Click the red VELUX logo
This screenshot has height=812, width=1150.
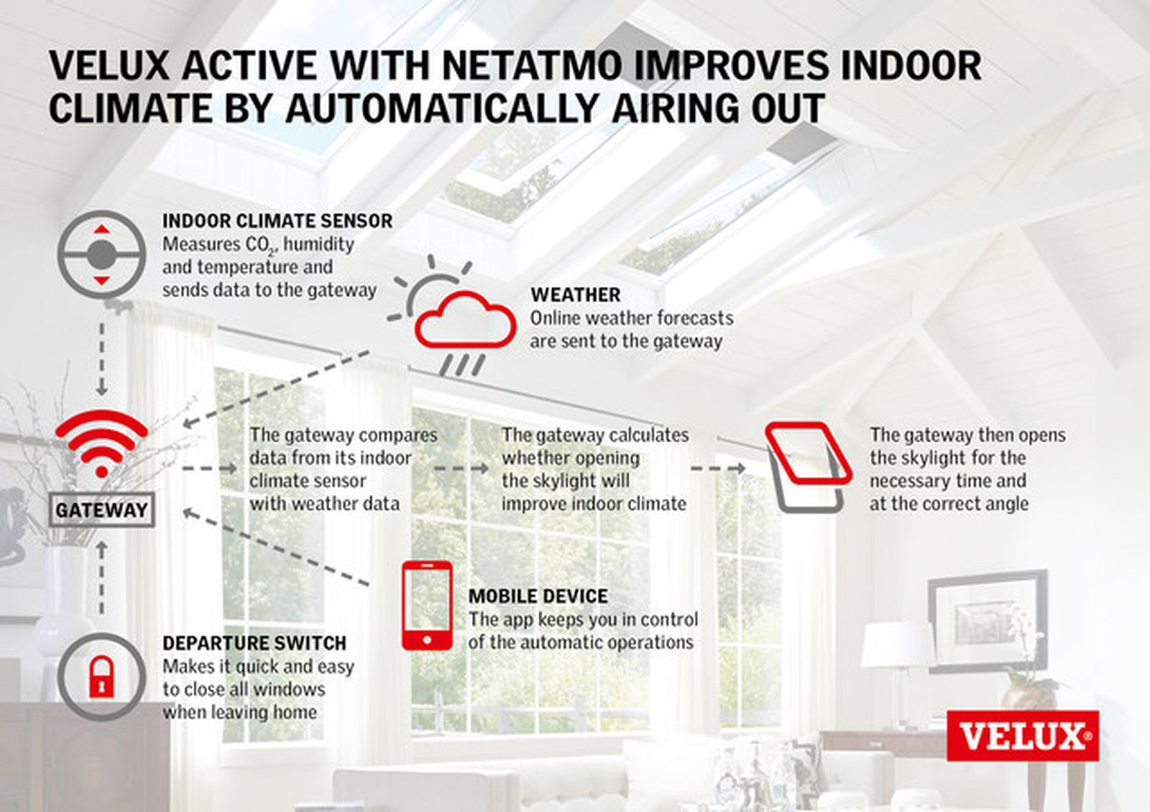(x=1022, y=736)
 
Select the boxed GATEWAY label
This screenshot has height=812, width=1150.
(x=101, y=510)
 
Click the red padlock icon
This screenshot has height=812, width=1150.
(x=101, y=676)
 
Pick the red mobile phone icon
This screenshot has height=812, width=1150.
(x=427, y=605)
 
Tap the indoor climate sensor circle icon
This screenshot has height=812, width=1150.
(x=101, y=254)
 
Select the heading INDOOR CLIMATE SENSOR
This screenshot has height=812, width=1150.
(x=277, y=221)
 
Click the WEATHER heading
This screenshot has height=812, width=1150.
(x=575, y=295)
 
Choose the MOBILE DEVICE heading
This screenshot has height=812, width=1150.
(x=538, y=596)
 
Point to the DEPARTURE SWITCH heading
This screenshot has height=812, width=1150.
(x=254, y=642)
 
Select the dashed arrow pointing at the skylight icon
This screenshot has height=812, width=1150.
(x=717, y=469)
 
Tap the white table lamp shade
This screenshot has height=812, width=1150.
(x=896, y=645)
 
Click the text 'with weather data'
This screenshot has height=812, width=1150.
(x=324, y=504)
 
